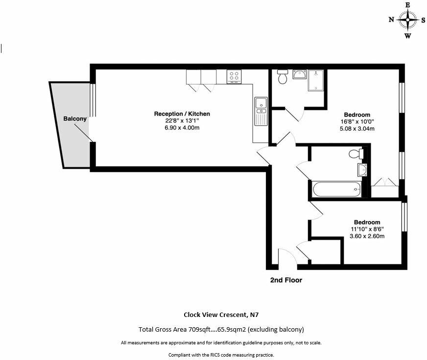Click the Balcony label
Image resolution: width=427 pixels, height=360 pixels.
75,119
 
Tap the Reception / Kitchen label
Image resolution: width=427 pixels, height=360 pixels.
182,114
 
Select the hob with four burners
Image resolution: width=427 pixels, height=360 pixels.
234,77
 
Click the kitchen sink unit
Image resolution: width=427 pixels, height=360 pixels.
261,112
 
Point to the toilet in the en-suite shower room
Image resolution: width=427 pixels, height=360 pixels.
283,76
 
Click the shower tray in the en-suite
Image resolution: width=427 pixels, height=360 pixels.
316,80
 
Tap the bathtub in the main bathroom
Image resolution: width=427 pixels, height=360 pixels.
337,189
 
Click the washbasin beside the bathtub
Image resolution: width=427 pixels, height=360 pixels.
362,170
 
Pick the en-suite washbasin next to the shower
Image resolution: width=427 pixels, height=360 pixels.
300,74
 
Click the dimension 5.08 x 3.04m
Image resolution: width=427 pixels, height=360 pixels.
357,129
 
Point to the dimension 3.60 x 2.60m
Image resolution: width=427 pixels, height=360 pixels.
367,236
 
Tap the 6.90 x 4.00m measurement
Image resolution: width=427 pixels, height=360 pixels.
182,128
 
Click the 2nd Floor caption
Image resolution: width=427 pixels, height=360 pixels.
286,280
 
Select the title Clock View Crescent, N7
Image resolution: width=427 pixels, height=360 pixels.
221,315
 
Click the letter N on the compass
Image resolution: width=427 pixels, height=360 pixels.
391,20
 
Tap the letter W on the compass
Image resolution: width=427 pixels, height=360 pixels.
408,36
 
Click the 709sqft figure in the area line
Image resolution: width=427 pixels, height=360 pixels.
199,330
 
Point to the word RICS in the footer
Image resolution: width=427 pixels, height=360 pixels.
214,355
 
